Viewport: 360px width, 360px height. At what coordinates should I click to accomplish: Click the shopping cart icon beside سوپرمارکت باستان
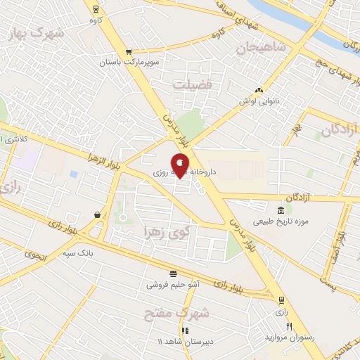(128, 52)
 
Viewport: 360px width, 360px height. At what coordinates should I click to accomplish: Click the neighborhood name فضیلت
(193, 84)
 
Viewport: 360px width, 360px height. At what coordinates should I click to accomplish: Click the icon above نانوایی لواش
(259, 90)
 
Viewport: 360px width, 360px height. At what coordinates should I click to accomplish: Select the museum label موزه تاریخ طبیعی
(282, 223)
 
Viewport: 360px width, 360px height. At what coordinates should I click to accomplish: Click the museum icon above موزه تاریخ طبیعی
(281, 211)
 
